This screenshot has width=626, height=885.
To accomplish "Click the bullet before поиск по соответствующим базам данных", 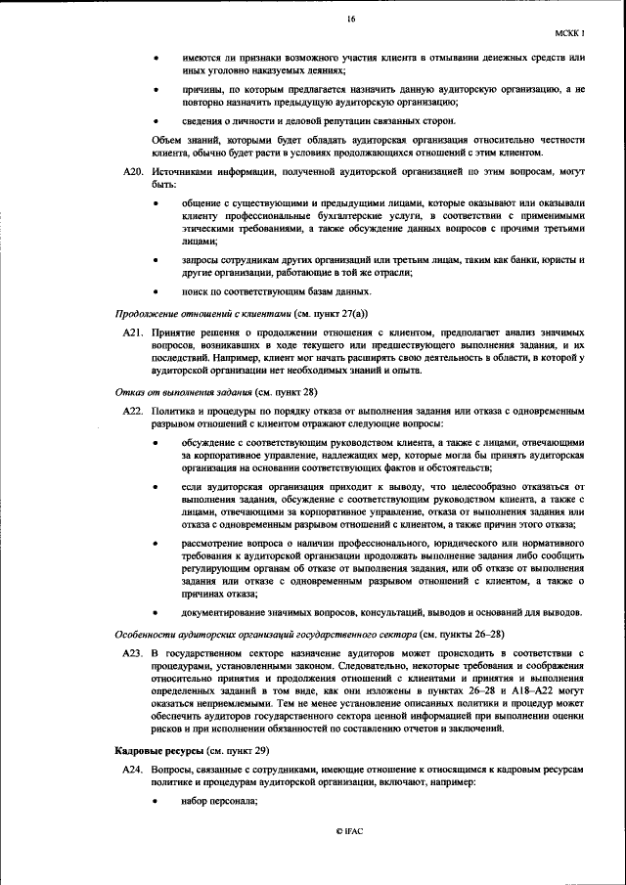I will pyautogui.click(x=158, y=291).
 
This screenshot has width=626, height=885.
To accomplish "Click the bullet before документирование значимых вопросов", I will pyautogui.click(x=158, y=612).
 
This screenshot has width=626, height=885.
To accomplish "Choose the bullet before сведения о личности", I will pyautogui.click(x=158, y=120).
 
